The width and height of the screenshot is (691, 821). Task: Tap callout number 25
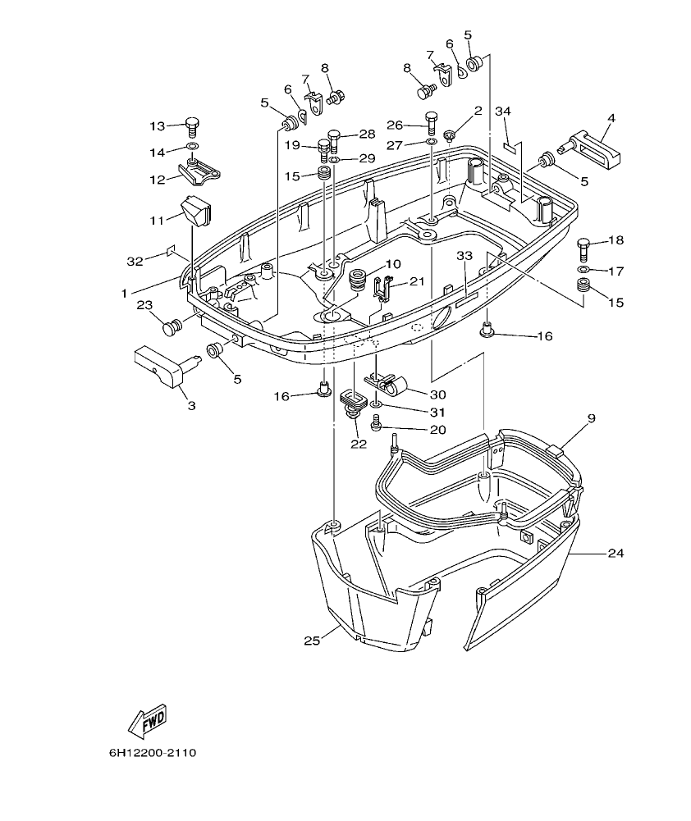(311, 640)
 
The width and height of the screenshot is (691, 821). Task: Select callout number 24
(615, 554)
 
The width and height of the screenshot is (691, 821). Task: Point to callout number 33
(465, 256)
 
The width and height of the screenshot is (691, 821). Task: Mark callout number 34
(503, 111)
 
